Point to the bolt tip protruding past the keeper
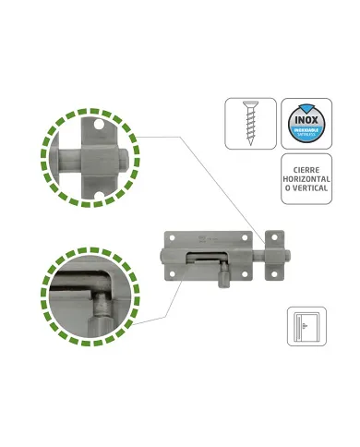pos(286,253)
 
